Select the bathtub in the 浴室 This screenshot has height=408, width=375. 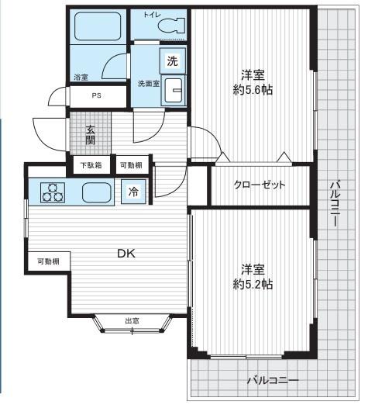point(98,26)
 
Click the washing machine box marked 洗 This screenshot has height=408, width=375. point(172,61)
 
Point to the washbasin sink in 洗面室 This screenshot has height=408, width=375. point(174,90)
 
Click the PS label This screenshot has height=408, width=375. point(96,95)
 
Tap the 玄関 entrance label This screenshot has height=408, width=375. point(91,135)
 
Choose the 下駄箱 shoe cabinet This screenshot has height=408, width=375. point(91,164)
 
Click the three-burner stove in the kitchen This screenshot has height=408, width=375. point(53,192)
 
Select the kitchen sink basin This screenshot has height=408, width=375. point(97,192)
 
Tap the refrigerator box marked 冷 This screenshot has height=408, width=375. point(133,192)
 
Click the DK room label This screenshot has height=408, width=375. point(126,253)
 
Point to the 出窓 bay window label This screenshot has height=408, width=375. point(132,321)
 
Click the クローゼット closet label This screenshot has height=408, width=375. point(260,185)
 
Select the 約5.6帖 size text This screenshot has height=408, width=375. point(253,90)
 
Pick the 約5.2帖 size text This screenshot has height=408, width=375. point(253,284)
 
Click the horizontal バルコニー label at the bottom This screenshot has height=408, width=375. point(273,381)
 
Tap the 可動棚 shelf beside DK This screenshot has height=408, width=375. point(49,261)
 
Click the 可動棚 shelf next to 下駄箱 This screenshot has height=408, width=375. point(131,164)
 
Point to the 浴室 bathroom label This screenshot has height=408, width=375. point(81,78)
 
